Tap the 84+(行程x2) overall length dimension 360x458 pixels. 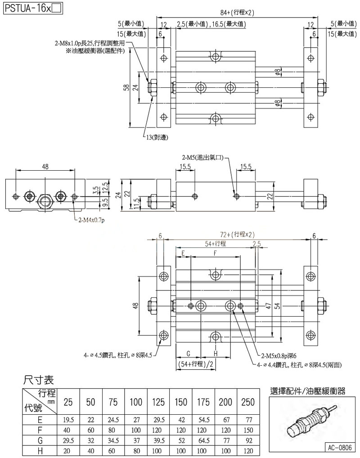(x=237, y=13)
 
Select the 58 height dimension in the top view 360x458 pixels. (x=127, y=87)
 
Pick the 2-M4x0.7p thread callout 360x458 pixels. (x=90, y=220)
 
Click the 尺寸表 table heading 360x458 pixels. (x=39, y=380)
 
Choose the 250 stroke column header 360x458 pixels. (x=247, y=402)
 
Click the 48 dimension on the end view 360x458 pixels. (x=45, y=167)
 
